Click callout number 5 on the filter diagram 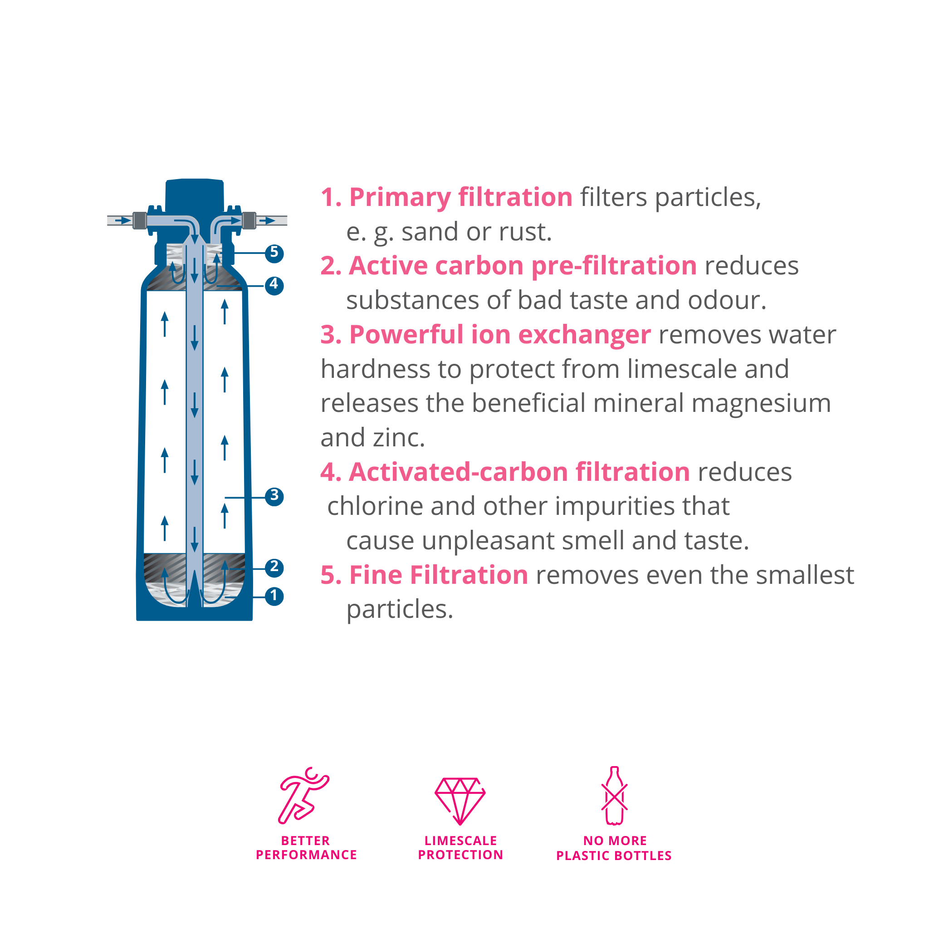[274, 253]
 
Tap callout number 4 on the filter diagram [274, 285]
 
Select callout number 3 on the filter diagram [274, 496]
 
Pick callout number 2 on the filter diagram [274, 567]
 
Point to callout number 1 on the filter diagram [274, 596]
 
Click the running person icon [304, 795]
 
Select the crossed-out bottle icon [614, 796]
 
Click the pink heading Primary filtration [461, 198]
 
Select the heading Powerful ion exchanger [500, 335]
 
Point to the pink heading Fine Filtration [439, 575]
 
